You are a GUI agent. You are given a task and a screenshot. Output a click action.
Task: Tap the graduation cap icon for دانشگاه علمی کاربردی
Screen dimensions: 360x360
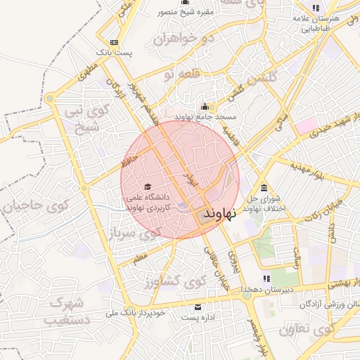point(148,186)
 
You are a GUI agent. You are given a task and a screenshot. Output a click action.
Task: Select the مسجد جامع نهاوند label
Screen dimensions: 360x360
point(205,118)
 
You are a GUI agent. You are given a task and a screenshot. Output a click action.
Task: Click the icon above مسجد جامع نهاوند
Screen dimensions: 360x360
point(205,106)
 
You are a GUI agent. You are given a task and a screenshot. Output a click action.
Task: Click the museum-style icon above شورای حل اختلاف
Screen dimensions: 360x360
point(264,188)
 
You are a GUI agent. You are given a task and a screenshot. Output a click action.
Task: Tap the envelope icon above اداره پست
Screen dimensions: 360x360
point(198,307)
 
